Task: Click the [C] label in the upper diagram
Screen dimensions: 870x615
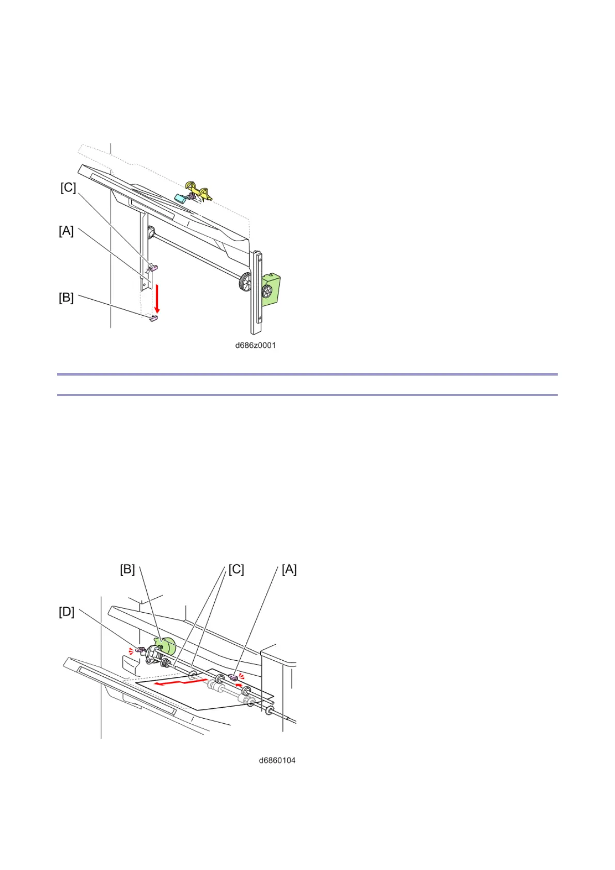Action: coord(68,188)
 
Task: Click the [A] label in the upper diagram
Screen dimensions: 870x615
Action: coord(66,231)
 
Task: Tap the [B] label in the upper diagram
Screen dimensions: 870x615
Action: coord(66,298)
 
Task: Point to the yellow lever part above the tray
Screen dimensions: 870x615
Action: coord(199,190)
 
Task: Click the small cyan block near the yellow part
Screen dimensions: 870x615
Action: coord(181,198)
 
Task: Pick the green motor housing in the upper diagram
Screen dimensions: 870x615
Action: coord(271,290)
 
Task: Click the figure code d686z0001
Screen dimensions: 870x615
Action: coord(255,345)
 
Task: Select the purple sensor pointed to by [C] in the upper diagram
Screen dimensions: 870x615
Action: coord(153,268)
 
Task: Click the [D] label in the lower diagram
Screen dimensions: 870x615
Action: coord(67,612)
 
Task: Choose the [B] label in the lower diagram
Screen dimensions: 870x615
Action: coord(128,569)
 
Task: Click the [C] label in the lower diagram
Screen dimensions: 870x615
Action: coord(236,569)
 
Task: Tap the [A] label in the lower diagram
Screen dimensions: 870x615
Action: coord(289,569)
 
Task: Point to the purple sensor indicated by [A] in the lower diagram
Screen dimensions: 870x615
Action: coord(233,676)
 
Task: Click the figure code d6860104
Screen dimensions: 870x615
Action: coord(277,760)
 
